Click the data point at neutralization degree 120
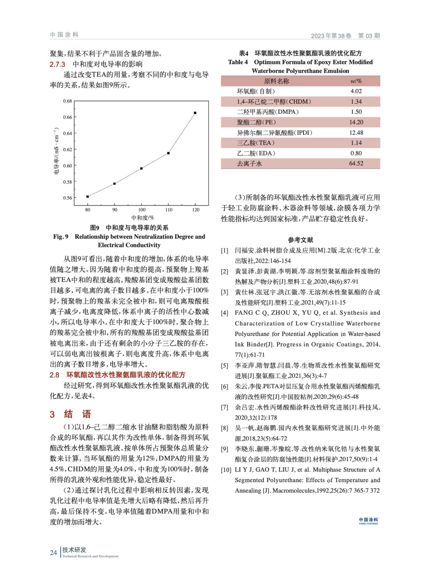pyautogui.click(x=195, y=113)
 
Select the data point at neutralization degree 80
pyautogui.click(x=88, y=197)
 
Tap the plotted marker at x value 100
pyautogui.click(x=141, y=169)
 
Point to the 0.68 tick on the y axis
pyautogui.click(x=68, y=101)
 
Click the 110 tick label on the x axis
pyautogui.click(x=169, y=210)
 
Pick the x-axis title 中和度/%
pyautogui.click(x=142, y=218)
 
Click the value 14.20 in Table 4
pyautogui.click(x=356, y=123)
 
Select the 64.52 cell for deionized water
pyautogui.click(x=356, y=164)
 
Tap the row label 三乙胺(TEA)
pyautogui.click(x=256, y=143)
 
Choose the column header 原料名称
pyautogui.click(x=276, y=81)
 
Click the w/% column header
pyautogui.click(x=356, y=81)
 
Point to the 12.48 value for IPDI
pyautogui.click(x=356, y=133)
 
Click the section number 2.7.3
pyautogui.click(x=57, y=65)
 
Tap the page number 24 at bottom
pyautogui.click(x=53, y=553)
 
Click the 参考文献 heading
pyautogui.click(x=300, y=240)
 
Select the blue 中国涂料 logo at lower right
pyautogui.click(x=368, y=521)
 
